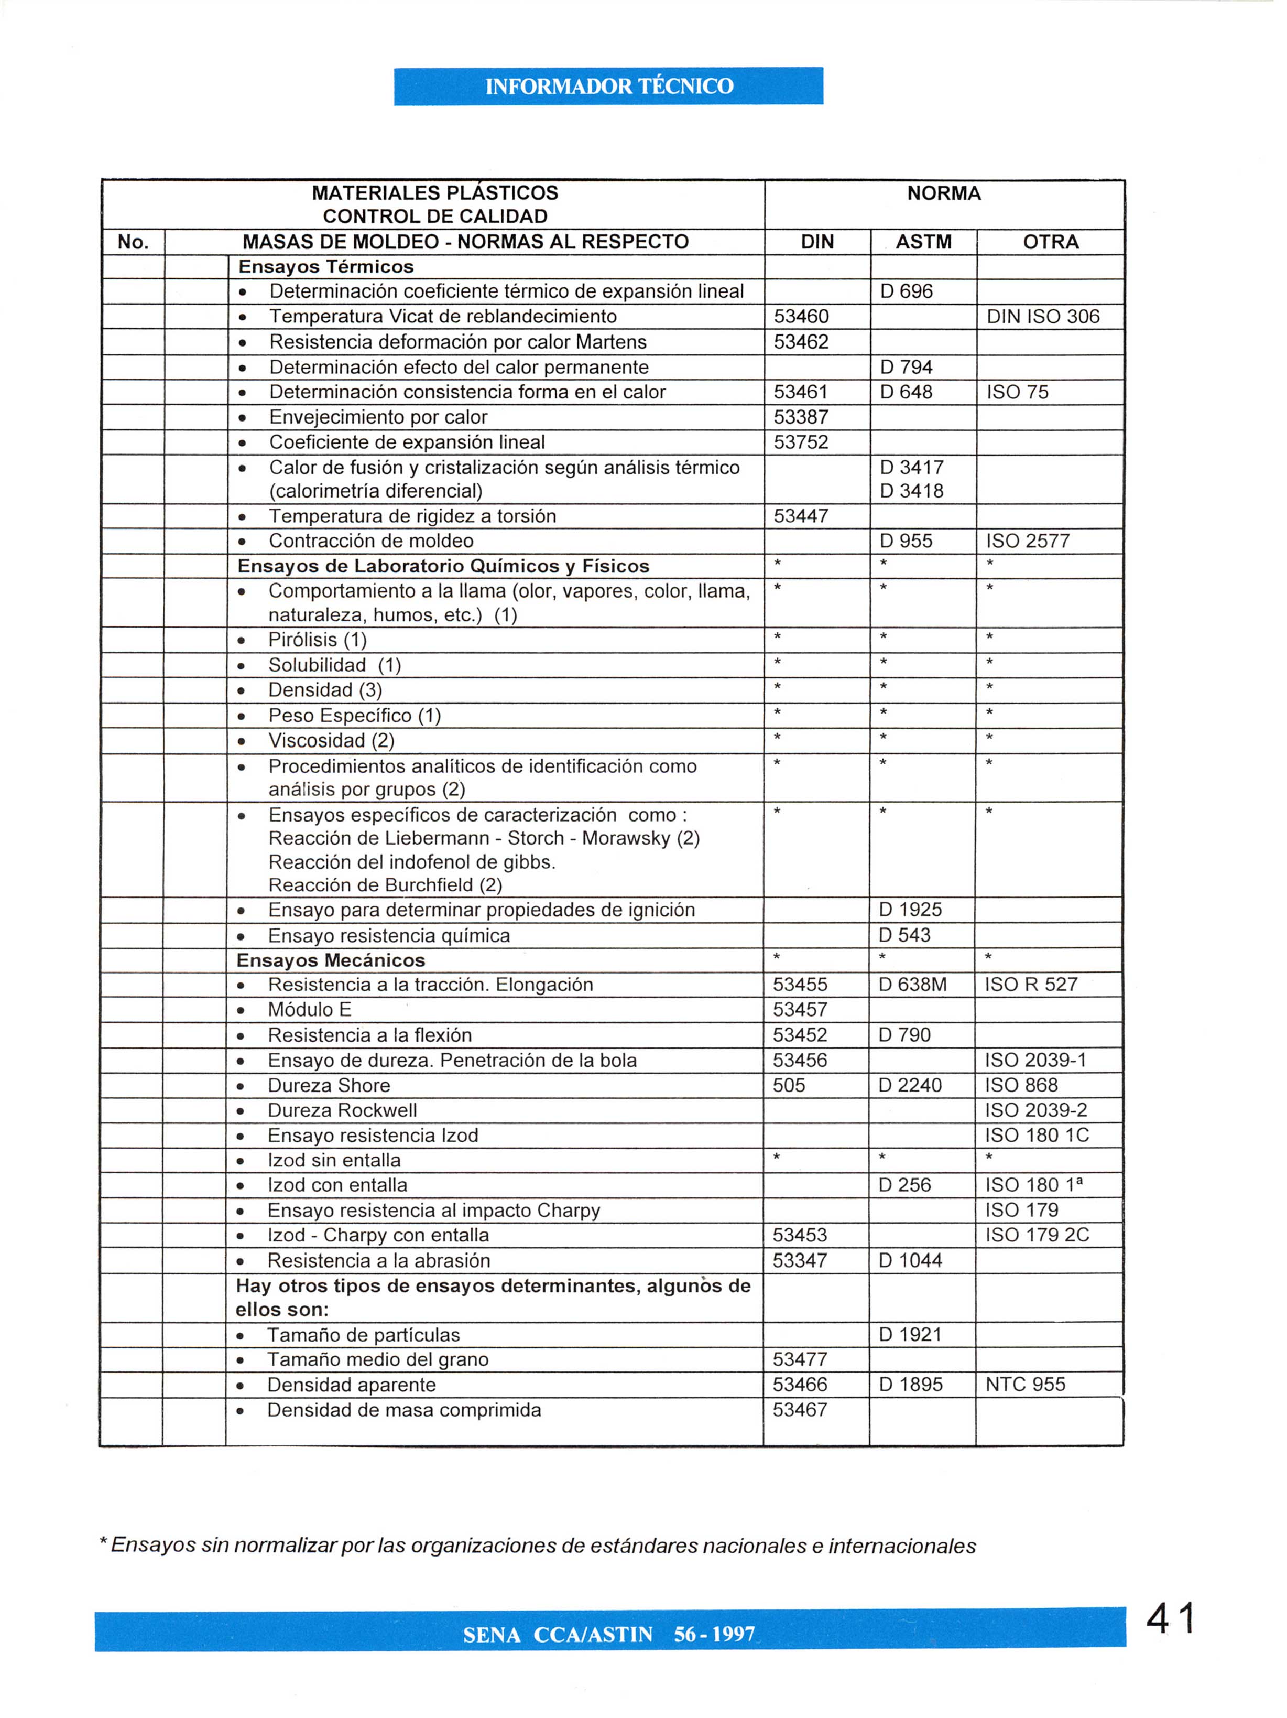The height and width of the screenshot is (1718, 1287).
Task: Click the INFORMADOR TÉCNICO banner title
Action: pyautogui.click(x=608, y=86)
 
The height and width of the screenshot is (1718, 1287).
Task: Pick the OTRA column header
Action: pyautogui.click(x=1050, y=242)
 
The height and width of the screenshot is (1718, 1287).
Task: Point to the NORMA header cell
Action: pyautogui.click(x=944, y=193)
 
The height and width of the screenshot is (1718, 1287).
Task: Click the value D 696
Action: pyautogui.click(x=906, y=292)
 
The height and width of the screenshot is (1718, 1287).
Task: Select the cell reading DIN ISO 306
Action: pyautogui.click(x=1042, y=317)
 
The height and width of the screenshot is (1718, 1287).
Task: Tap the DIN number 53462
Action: pyautogui.click(x=801, y=342)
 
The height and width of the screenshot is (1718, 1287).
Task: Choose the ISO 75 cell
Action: pyautogui.click(x=1017, y=392)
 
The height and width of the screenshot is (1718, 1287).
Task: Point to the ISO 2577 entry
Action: pyautogui.click(x=1028, y=542)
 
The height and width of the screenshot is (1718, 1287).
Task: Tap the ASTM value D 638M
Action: pyautogui.click(x=912, y=985)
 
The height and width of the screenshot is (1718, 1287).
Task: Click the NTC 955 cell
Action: pyautogui.click(x=1024, y=1384)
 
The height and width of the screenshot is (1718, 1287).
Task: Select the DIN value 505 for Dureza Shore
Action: pyautogui.click(x=789, y=1085)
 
